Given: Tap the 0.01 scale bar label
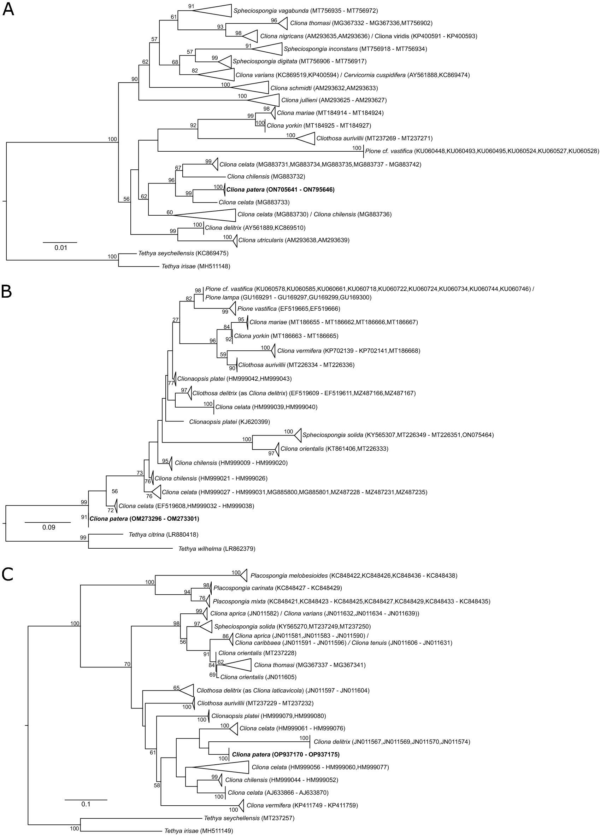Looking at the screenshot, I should click(61, 248).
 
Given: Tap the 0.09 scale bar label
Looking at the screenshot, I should click(49, 527).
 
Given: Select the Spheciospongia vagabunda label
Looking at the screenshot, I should click(305, 11).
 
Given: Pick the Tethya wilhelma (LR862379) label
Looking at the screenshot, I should click(217, 549).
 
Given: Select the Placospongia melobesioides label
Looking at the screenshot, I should click(353, 576).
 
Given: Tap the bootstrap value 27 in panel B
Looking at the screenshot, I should click(176, 320).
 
